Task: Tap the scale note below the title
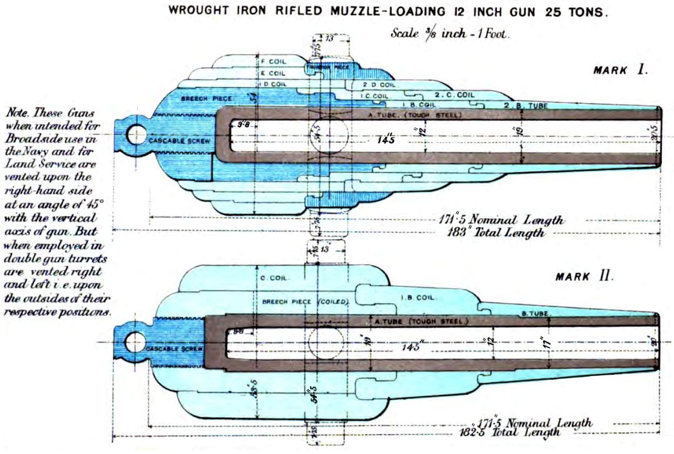tap(450, 33)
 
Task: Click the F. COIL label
tap(273, 62)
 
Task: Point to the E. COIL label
tap(273, 73)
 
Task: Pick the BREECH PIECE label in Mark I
tap(206, 99)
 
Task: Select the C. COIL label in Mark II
tap(274, 279)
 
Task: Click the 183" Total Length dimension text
tap(496, 233)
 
